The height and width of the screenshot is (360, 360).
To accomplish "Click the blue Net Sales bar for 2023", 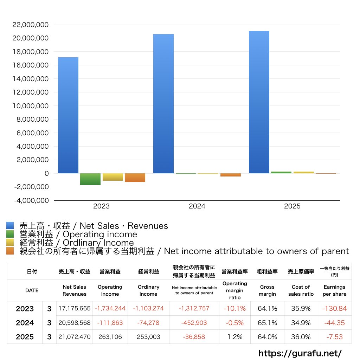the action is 68,115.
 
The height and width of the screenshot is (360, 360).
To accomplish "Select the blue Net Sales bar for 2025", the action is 259,102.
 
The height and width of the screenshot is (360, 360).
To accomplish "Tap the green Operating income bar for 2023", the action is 90,179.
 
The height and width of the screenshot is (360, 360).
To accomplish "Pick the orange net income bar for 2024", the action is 231,175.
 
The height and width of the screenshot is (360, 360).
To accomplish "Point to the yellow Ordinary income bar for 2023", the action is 113,177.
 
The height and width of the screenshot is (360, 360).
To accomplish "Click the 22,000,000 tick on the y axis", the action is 31,25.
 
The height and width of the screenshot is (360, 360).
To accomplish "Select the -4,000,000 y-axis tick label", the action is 31,200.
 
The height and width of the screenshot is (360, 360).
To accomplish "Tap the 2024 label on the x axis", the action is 197,206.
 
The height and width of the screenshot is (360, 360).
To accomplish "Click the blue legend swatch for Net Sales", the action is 10,225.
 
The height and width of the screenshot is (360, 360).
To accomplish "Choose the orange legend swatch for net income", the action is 10,251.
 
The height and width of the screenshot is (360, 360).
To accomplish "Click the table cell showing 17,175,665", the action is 75,308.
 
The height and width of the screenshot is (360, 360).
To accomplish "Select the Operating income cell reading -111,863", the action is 110,323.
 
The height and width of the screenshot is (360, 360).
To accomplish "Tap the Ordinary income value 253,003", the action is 148,337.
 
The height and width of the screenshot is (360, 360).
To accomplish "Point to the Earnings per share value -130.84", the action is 335,308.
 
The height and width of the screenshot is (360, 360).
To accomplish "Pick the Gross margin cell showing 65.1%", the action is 267,323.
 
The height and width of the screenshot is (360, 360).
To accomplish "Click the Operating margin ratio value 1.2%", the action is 235,337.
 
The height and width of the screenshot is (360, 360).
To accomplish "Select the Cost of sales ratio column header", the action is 301,290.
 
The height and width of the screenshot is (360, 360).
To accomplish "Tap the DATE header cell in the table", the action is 32,290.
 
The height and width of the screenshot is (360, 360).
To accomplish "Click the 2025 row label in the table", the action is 25,337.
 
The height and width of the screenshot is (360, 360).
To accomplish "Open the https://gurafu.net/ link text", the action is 300,353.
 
